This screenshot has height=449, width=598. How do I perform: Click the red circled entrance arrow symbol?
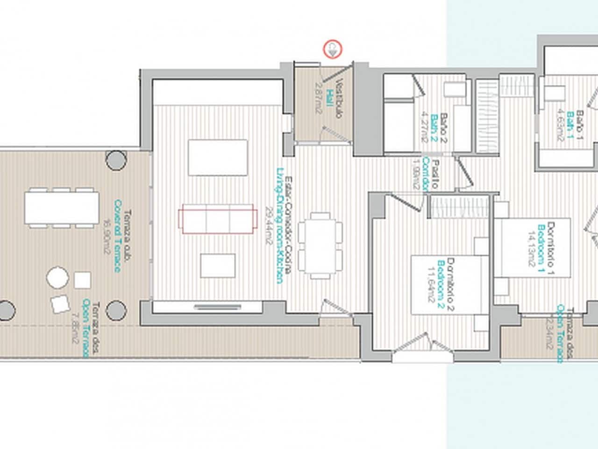333,49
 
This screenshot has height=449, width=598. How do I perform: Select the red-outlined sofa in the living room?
218,218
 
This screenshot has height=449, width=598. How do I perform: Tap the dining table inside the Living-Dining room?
320,246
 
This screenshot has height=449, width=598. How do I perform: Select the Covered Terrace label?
117,236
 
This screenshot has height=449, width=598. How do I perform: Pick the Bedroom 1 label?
541,248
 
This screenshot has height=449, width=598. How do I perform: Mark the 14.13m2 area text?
531,248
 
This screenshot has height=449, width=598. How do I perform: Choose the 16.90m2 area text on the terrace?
106,236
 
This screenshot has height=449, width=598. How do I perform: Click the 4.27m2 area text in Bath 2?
424,126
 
